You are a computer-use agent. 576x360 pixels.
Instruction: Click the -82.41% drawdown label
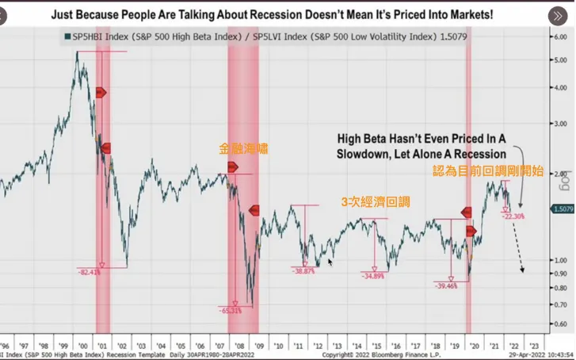pos(89,272)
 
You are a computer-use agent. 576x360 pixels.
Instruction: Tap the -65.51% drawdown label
pos(230,311)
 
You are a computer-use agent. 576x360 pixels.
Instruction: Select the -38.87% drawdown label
pos(303,270)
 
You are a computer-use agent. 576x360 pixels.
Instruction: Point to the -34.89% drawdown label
pos(372,276)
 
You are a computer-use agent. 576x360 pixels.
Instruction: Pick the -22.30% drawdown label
pos(513,215)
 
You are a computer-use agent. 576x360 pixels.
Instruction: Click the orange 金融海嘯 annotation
pos(243,148)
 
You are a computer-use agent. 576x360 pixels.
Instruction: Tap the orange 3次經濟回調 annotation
pos(376,202)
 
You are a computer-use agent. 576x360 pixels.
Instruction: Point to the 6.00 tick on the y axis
pos(559,37)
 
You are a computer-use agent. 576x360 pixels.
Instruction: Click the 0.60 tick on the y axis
pos(559,324)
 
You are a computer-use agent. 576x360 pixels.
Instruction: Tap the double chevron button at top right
pos(556,17)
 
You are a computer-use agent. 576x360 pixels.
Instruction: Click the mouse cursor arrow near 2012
pos(330,261)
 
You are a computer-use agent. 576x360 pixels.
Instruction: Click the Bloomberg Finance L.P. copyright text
pos(393,355)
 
